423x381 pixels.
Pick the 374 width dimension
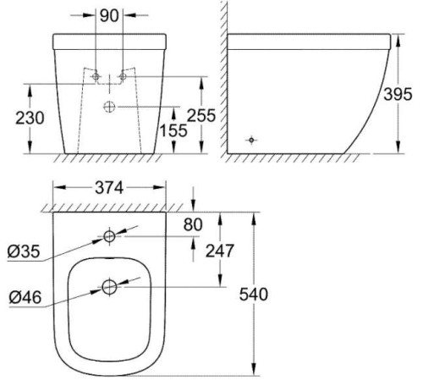click(x=108, y=188)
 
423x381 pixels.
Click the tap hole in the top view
click(x=109, y=235)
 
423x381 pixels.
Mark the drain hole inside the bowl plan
click(x=109, y=288)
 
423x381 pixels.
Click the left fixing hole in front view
click(x=96, y=76)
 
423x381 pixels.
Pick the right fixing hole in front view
click(x=123, y=76)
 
